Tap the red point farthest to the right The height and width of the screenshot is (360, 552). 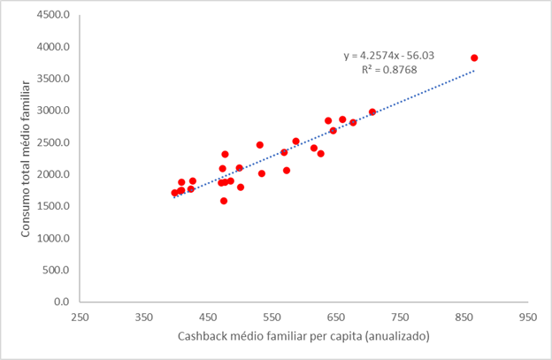[x=474, y=58]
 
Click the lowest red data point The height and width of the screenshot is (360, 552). [x=224, y=201]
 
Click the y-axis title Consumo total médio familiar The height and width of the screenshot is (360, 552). [x=27, y=157]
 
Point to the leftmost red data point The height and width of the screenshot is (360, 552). [x=175, y=193]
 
